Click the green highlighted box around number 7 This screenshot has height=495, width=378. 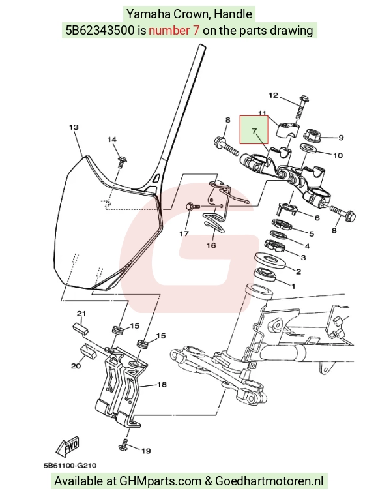pos(254,130)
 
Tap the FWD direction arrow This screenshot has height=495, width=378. pos(68,447)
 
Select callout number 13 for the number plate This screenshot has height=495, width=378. pos(74,127)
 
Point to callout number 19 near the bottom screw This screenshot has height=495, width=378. pos(146,451)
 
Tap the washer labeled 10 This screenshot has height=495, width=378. pos(308,148)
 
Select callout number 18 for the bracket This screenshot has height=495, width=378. pos(162,385)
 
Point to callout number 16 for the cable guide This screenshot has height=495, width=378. pos(211,245)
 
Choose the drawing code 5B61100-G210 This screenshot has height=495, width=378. pos(70,466)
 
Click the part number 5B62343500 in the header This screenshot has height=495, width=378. pos(100,30)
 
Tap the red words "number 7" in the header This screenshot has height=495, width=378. pos(174,30)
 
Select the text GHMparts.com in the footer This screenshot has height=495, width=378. pos(160,481)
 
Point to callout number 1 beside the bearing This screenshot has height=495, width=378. pos(293,287)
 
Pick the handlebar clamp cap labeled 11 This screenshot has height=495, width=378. pos(287,129)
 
